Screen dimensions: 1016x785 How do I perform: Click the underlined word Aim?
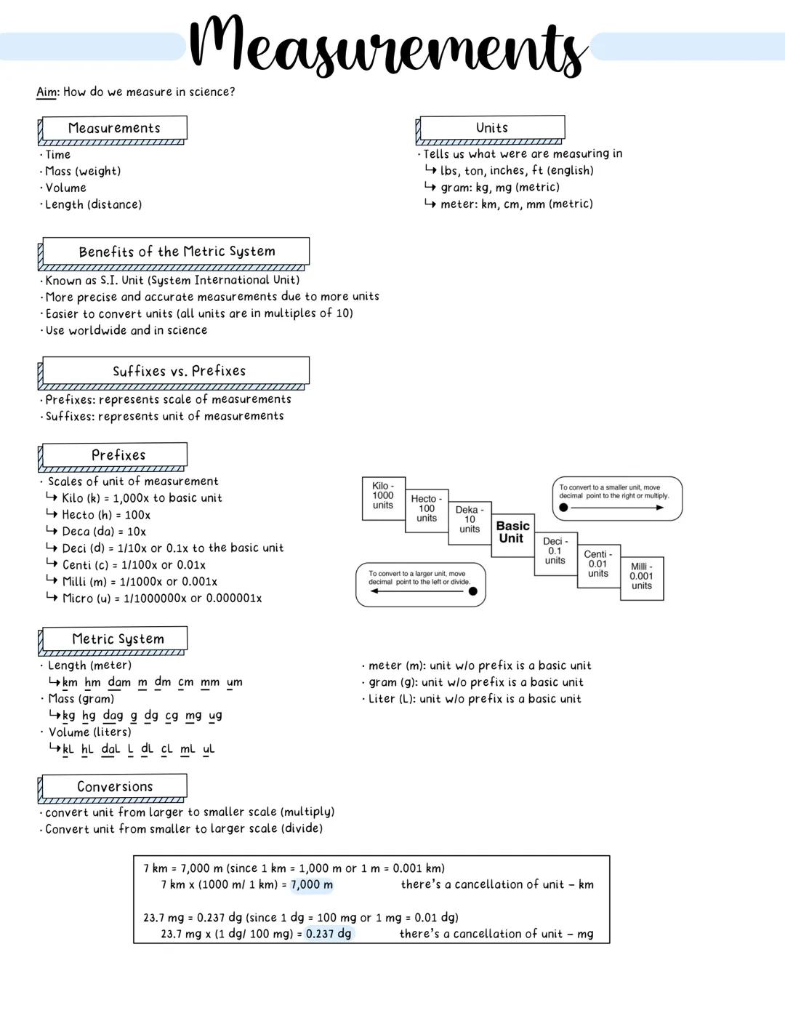tap(47, 92)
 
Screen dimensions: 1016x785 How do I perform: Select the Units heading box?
tap(491, 128)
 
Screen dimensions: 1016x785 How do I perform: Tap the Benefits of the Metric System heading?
tap(177, 252)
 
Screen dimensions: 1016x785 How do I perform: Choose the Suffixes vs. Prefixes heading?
tap(178, 371)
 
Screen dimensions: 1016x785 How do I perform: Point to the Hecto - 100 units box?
tap(427, 509)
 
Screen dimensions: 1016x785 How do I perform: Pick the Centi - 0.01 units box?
tap(598, 564)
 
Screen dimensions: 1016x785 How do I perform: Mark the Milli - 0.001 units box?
tap(642, 576)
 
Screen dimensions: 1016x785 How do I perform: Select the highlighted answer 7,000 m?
tap(312, 885)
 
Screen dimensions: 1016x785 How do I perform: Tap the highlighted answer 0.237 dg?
tap(329, 934)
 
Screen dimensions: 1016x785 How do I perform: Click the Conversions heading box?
tap(115, 787)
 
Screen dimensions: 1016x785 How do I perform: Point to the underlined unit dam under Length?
tap(119, 682)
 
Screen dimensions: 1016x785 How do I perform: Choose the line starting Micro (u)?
tap(161, 599)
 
